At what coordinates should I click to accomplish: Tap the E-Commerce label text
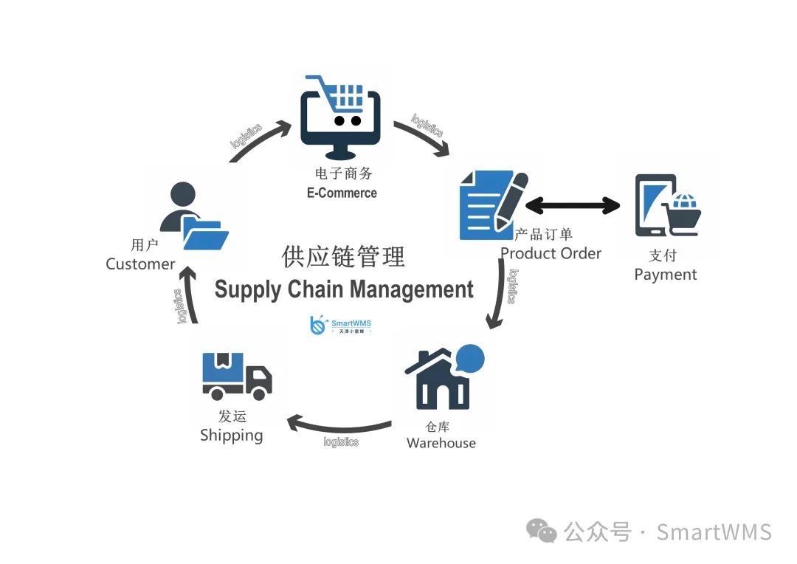342,193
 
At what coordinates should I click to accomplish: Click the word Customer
140,264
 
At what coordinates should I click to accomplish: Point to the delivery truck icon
237,376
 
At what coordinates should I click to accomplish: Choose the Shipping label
231,436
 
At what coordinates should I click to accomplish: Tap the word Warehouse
441,443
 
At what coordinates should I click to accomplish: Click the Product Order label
551,253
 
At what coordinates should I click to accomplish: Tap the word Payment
665,275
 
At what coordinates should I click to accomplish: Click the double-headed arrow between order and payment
573,205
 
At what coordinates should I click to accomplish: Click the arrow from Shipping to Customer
190,295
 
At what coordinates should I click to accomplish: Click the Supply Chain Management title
344,289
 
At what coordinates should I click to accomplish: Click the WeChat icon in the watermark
542,532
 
